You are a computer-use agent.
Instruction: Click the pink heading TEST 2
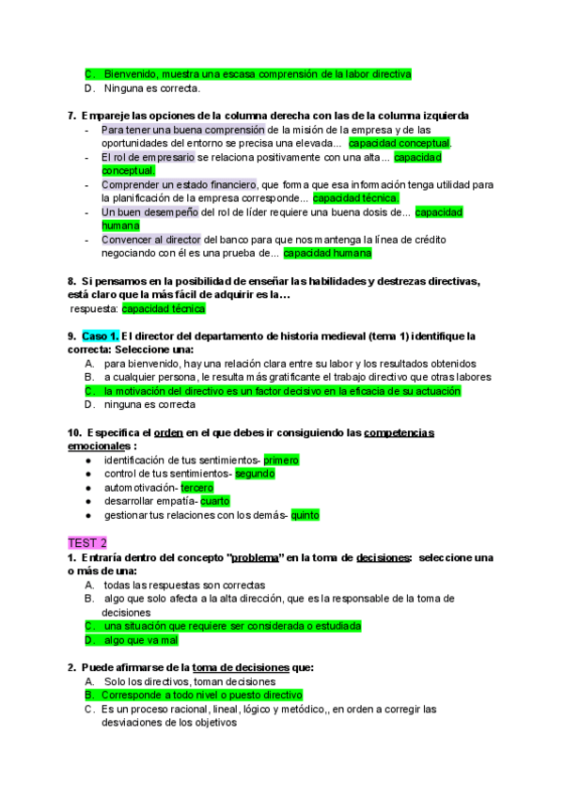[x=87, y=543]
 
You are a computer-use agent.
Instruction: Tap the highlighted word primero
[x=281, y=461]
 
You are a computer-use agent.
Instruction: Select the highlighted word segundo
[x=255, y=474]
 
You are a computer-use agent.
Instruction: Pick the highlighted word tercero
[x=196, y=488]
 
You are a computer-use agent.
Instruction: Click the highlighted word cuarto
[x=214, y=501]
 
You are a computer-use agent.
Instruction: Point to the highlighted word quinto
[x=305, y=515]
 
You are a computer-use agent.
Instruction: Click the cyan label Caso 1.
[x=100, y=336]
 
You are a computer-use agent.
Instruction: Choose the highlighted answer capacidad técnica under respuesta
[x=164, y=308]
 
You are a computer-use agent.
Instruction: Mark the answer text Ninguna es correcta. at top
[x=152, y=89]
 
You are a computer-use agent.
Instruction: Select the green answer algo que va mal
[x=141, y=640]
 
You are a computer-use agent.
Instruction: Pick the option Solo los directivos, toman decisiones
[x=190, y=681]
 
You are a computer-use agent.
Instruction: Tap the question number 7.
[x=72, y=116]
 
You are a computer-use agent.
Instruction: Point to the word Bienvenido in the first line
[x=130, y=74]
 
